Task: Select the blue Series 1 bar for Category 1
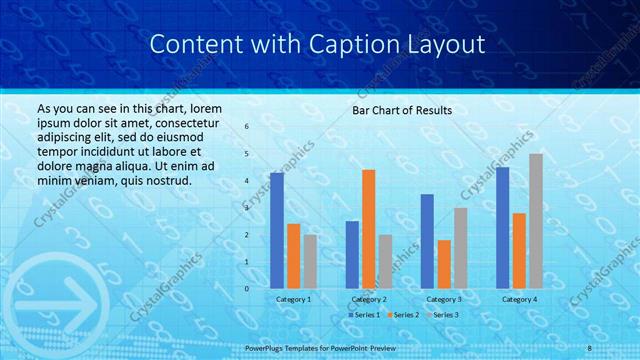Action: click(277, 230)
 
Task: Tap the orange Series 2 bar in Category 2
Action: click(368, 229)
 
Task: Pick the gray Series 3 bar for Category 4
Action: click(536, 221)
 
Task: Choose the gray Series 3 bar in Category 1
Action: click(310, 261)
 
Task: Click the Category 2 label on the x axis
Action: click(369, 299)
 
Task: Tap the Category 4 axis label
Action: click(519, 299)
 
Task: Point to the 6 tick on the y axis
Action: click(247, 127)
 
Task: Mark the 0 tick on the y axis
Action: click(247, 288)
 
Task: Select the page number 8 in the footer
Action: click(590, 346)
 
